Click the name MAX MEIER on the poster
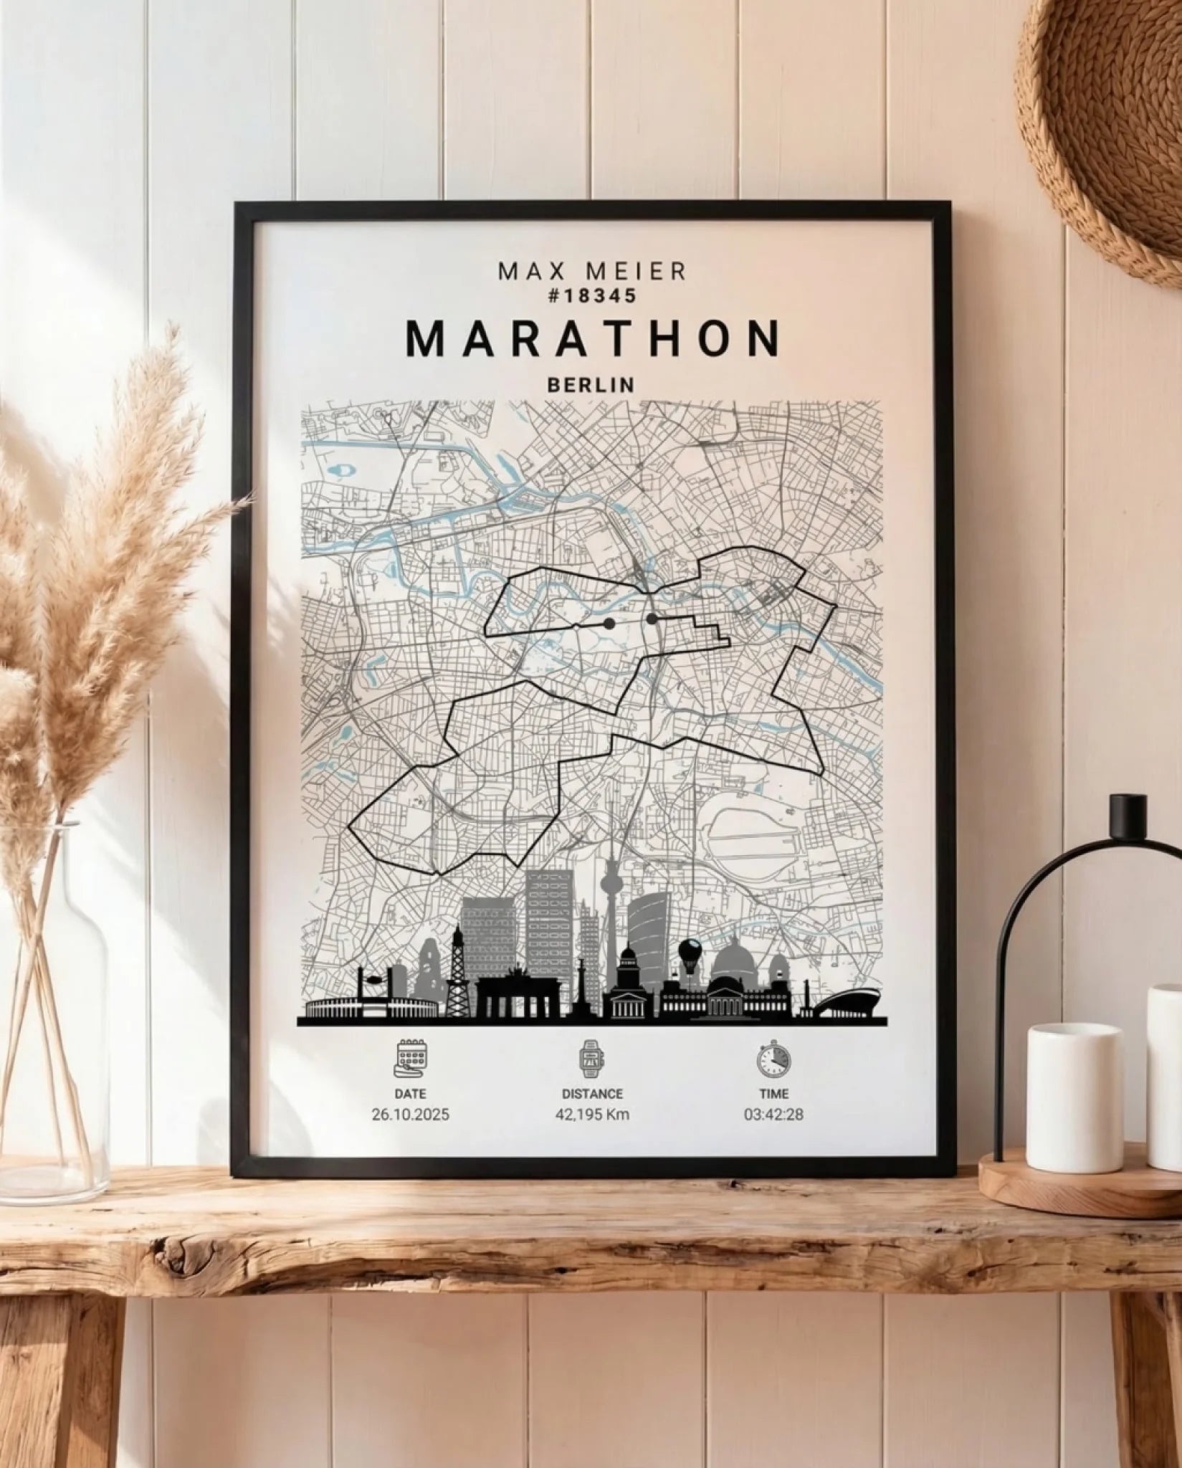click(x=591, y=271)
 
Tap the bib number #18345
click(x=591, y=295)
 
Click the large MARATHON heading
click(x=592, y=338)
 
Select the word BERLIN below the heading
click(x=591, y=385)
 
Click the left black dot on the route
click(x=609, y=624)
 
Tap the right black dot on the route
click(x=652, y=618)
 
